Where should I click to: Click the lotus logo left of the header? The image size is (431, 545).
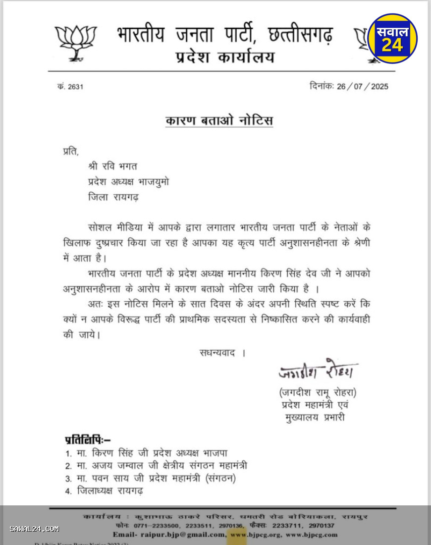[76, 42]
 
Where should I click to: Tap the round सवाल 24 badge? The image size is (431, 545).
[392, 39]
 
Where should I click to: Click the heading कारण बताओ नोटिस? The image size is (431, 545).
[219, 120]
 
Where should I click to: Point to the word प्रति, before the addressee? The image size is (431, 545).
[70, 151]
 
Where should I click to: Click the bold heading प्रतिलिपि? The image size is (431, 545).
[87, 439]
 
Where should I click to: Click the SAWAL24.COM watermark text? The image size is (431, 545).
[34, 529]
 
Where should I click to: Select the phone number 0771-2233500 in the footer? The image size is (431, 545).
[149, 526]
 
